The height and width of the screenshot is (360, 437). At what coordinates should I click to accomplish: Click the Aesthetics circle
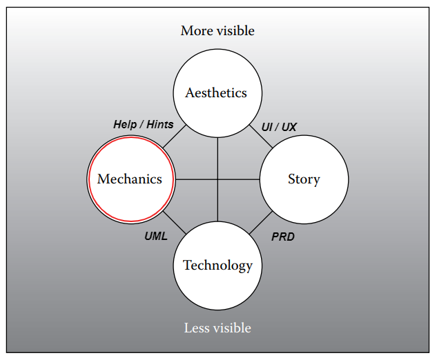click(x=216, y=93)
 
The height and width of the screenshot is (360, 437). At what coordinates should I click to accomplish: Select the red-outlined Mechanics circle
click(x=130, y=179)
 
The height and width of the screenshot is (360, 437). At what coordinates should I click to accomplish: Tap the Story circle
click(x=303, y=179)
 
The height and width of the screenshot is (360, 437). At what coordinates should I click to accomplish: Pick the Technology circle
click(x=217, y=266)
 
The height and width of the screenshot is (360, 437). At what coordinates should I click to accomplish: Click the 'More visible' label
click(x=217, y=30)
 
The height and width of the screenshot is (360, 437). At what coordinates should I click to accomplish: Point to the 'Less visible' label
click(x=217, y=328)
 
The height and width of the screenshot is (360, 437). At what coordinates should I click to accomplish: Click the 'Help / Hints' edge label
click(x=143, y=125)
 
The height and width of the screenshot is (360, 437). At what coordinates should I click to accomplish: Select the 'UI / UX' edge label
click(x=279, y=127)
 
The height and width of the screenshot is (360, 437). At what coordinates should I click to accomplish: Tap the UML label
click(x=156, y=236)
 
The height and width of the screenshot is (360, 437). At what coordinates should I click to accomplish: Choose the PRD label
click(x=283, y=237)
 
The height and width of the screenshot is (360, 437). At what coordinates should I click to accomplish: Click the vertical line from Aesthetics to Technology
click(x=217, y=159)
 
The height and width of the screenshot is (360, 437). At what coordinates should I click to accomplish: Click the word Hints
click(x=159, y=125)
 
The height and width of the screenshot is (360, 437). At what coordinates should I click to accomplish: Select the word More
click(x=196, y=30)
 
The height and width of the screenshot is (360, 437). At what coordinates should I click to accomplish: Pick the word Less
click(x=195, y=328)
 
